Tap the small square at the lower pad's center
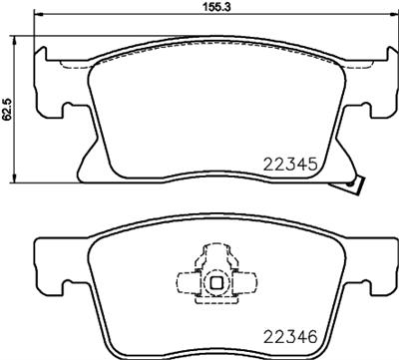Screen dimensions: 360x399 [x=215, y=285]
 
